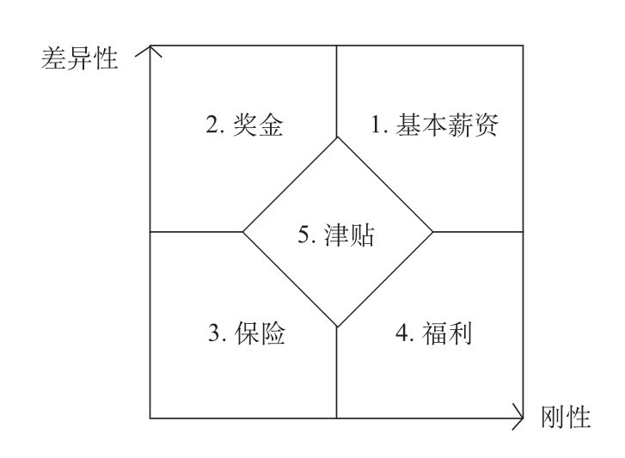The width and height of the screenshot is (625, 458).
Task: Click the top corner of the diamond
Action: [336, 137]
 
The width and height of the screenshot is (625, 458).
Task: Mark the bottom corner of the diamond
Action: [336, 327]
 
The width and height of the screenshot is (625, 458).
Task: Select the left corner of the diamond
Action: [242, 232]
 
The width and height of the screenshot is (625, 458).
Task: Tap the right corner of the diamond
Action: [432, 232]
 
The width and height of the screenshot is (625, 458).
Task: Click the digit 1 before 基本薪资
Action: [376, 126]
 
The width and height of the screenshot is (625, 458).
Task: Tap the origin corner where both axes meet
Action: [150, 418]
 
